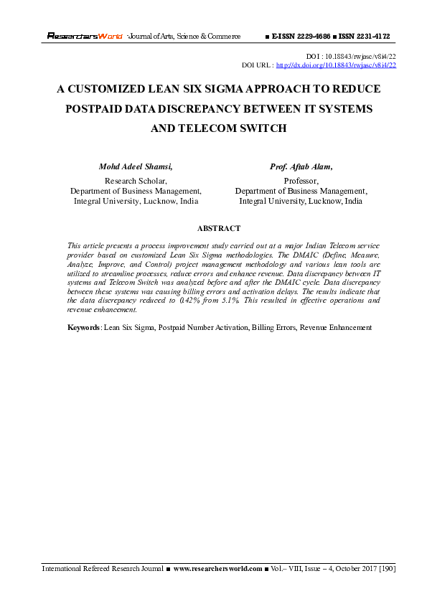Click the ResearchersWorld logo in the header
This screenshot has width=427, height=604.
[85, 36]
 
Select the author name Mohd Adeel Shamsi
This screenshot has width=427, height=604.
[136, 166]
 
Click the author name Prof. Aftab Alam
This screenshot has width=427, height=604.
[301, 166]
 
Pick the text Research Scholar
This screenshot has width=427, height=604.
[136, 181]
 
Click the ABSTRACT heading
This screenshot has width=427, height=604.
[218, 228]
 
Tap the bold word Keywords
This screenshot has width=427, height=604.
[84, 327]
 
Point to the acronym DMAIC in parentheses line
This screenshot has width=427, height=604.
[281, 254]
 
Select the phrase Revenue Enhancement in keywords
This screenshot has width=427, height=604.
[336, 327]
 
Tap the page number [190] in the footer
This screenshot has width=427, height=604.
[386, 569]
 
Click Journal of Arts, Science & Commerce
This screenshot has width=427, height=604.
[184, 36]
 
